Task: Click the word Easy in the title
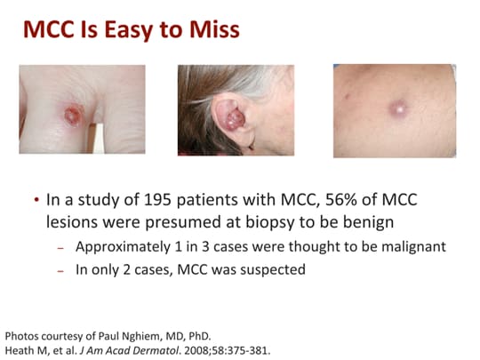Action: point(128,30)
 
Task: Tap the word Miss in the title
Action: point(214,29)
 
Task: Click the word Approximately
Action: point(123,247)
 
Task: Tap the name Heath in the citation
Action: point(16,350)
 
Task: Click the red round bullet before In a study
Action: point(36,200)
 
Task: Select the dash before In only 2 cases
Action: point(60,271)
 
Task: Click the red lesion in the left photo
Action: point(74,115)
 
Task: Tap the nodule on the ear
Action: point(235,119)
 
